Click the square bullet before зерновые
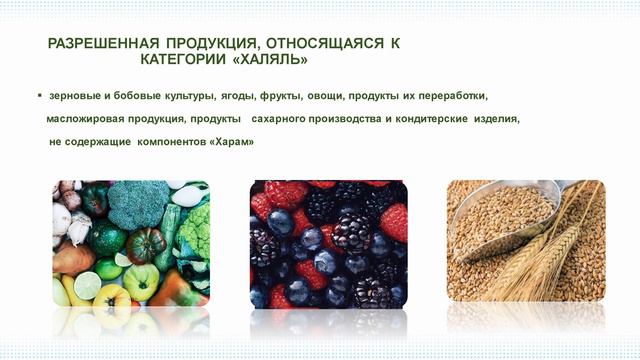coord(39,96)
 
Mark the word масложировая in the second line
coord(87,119)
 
